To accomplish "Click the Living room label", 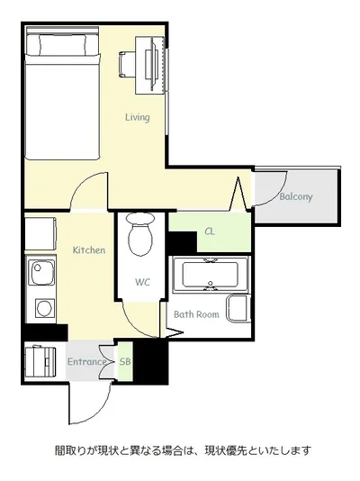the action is tap(138, 117).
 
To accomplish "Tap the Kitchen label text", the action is tap(89, 250).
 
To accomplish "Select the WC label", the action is tap(142, 282).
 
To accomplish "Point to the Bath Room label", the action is tap(196, 314).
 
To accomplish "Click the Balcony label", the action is tap(296, 196).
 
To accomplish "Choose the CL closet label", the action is tap(210, 231).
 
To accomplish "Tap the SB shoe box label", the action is tap(125, 362).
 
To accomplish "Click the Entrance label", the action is tap(86, 362).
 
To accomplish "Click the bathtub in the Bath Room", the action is tap(211, 275).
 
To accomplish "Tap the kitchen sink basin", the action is tap(41, 272).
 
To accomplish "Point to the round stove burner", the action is tap(45, 308).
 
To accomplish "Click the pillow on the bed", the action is tap(63, 44).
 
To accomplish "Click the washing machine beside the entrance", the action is tap(40, 362).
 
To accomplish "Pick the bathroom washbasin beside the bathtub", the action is tap(238, 308).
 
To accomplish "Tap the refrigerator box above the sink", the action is tap(40, 233).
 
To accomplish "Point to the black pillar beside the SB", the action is tap(150, 362).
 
